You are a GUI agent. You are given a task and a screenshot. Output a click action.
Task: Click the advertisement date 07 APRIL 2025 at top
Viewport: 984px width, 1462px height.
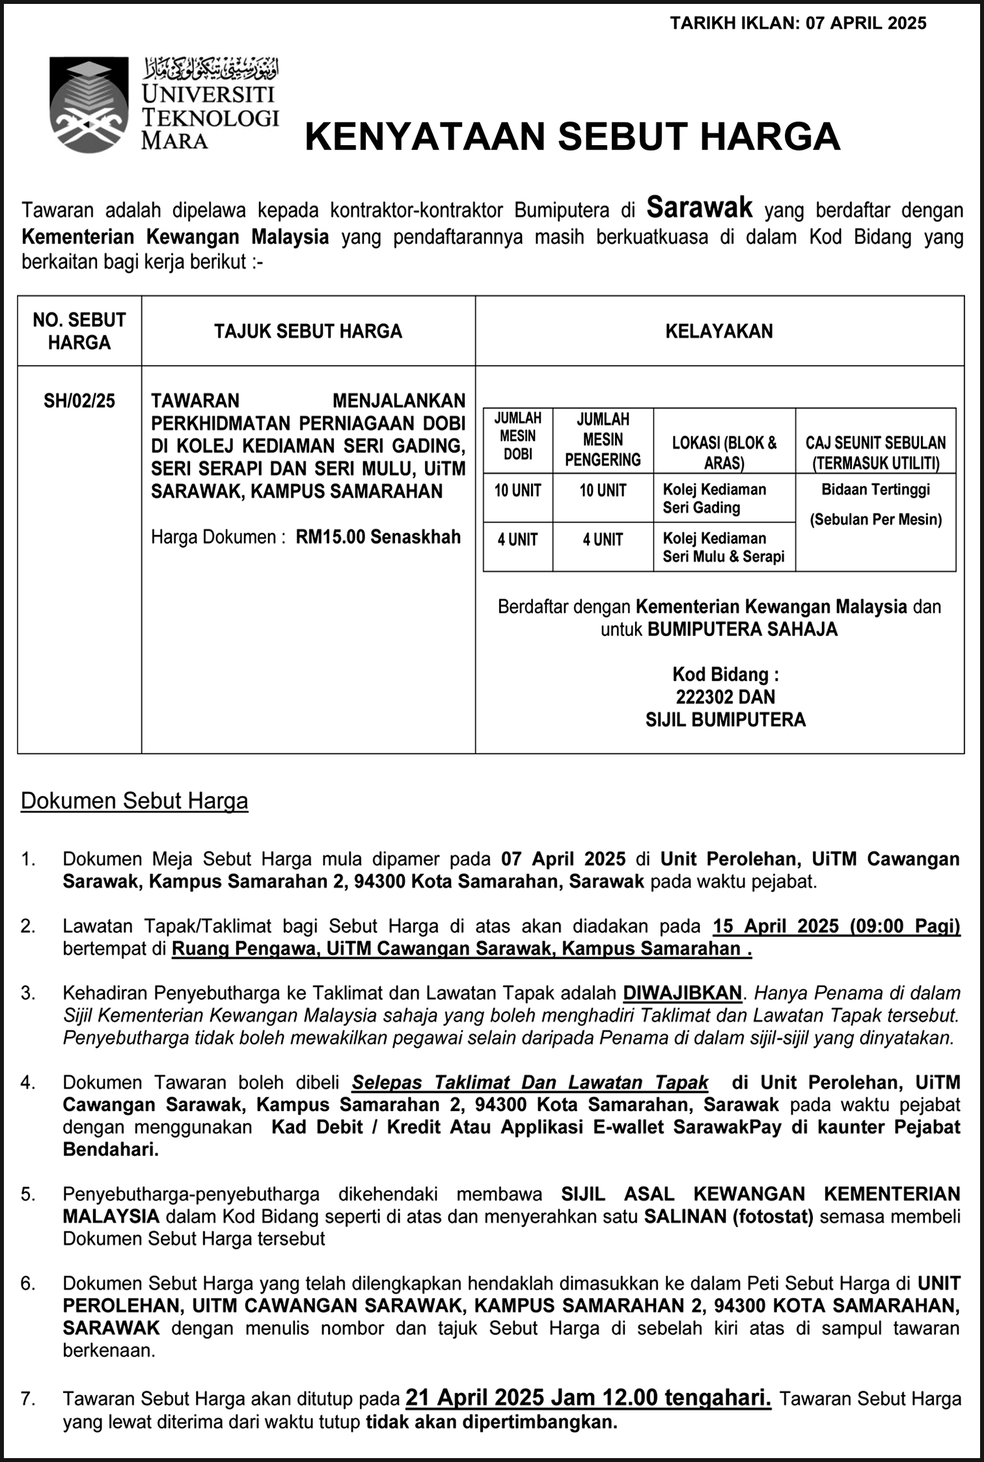pyautogui.click(x=866, y=23)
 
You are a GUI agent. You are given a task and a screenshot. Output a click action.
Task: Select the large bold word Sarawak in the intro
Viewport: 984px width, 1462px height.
pyautogui.click(x=699, y=208)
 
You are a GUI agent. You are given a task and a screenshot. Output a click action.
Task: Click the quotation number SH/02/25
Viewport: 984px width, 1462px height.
pyautogui.click(x=79, y=400)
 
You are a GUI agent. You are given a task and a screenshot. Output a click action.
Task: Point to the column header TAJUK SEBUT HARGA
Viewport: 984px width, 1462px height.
pyautogui.click(x=308, y=331)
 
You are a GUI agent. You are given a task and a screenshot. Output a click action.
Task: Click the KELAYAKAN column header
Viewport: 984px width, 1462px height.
pyautogui.click(x=719, y=331)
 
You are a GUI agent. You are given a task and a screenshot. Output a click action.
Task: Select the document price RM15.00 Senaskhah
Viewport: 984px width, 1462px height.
pyautogui.click(x=378, y=537)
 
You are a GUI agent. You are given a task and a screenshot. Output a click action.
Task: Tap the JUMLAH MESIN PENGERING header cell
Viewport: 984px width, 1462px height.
pyautogui.click(x=603, y=439)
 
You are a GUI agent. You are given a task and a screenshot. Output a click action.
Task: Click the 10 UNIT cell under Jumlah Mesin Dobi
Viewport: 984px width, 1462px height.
pyautogui.click(x=517, y=491)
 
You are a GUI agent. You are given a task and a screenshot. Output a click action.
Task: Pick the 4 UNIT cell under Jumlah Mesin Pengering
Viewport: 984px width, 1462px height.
pyautogui.click(x=603, y=540)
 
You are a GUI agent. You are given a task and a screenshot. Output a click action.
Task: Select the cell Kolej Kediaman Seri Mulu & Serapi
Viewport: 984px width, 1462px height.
pyautogui.click(x=723, y=547)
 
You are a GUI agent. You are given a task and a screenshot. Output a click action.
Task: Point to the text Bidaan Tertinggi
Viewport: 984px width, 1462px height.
pyautogui.click(x=875, y=490)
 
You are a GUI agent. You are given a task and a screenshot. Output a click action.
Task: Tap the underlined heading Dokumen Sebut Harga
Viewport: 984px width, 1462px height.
pyautogui.click(x=134, y=801)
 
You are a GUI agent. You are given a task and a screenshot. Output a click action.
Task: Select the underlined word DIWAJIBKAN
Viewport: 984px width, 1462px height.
pyautogui.click(x=682, y=993)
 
